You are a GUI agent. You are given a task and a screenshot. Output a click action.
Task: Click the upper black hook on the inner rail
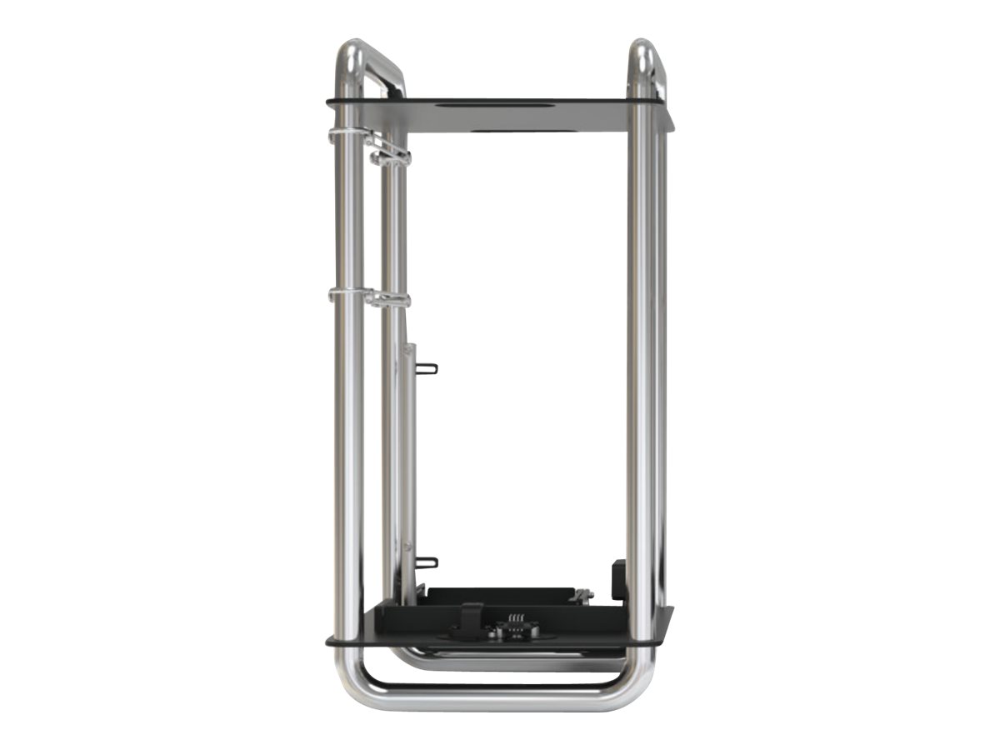point(426,368)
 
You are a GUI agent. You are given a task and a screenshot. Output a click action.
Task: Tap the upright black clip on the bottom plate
point(472,617)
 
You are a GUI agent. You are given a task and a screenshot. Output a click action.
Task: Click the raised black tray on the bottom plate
point(500,595)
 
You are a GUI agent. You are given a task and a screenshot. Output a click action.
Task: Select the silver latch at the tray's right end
point(582,595)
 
